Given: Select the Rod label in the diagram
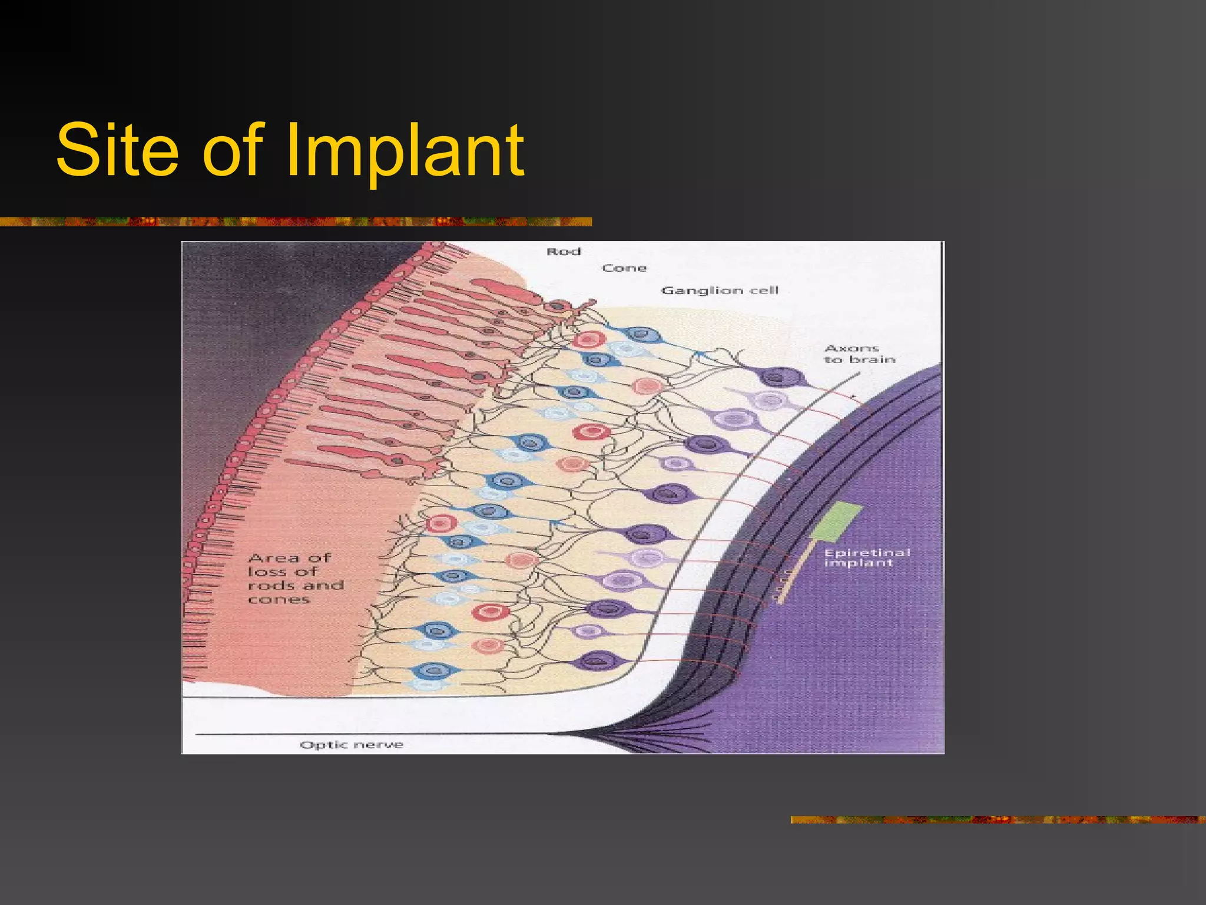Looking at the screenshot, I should [564, 252].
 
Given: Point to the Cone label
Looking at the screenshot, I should [624, 268].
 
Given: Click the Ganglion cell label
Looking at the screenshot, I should [720, 290].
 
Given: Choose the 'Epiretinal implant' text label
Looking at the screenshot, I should [866, 557].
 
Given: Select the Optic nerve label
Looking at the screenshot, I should [352, 745].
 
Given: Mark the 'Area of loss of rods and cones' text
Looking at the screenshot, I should [294, 579].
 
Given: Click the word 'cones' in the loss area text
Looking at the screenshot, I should [279, 600].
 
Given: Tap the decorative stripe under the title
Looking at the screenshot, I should [294, 222].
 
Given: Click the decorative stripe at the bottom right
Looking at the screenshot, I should [998, 820].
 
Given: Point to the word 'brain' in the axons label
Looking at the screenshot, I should [872, 359].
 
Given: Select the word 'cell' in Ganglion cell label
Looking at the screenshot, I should [764, 290].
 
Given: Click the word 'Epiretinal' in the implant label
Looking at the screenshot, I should [866, 553].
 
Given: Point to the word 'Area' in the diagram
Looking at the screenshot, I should [273, 558].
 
